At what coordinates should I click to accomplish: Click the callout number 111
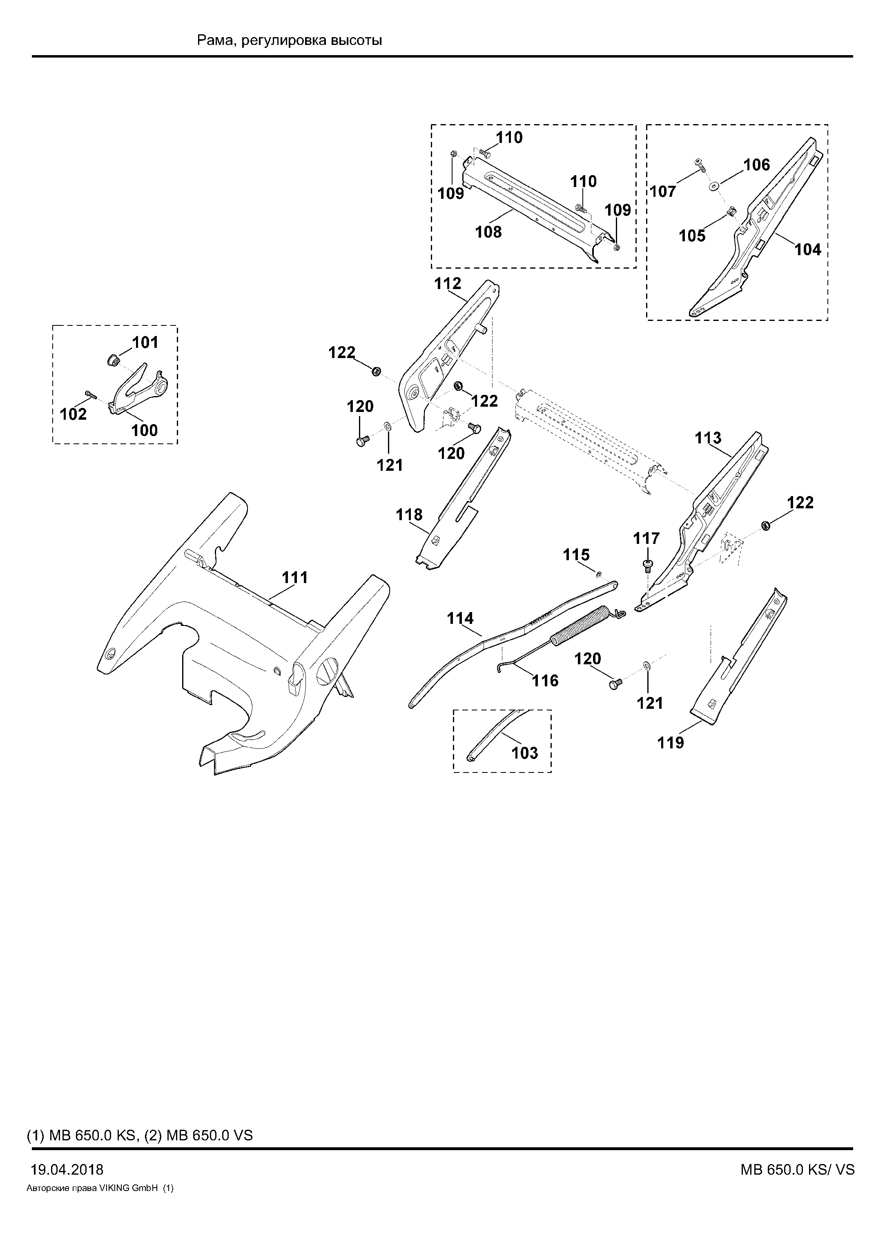click(x=295, y=578)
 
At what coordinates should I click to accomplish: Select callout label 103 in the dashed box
click(x=525, y=753)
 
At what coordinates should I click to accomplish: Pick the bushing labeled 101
click(x=113, y=360)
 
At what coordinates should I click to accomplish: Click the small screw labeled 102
click(x=90, y=394)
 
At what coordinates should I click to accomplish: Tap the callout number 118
click(x=409, y=515)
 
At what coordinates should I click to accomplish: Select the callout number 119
click(x=670, y=743)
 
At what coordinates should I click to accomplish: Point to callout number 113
click(x=708, y=438)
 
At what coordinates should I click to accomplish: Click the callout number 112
click(x=448, y=283)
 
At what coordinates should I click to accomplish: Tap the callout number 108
click(x=488, y=232)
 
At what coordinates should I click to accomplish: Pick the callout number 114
click(x=461, y=619)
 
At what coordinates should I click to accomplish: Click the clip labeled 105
click(x=732, y=211)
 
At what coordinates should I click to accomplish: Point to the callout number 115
click(x=577, y=555)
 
